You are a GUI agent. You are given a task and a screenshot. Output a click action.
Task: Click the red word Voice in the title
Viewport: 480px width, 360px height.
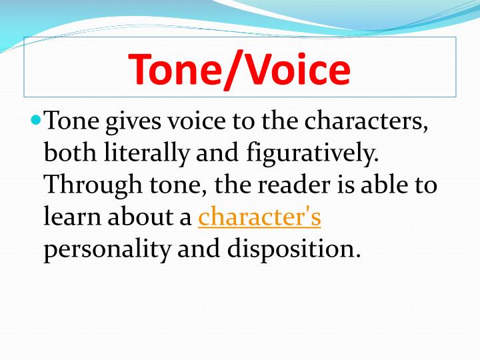[294, 69]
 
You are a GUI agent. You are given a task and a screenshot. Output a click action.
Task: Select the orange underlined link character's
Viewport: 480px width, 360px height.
[260, 217]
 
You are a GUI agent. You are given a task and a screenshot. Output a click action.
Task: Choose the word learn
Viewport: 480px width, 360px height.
[69, 217]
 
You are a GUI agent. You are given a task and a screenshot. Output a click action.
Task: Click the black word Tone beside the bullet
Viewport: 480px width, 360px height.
[71, 123]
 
